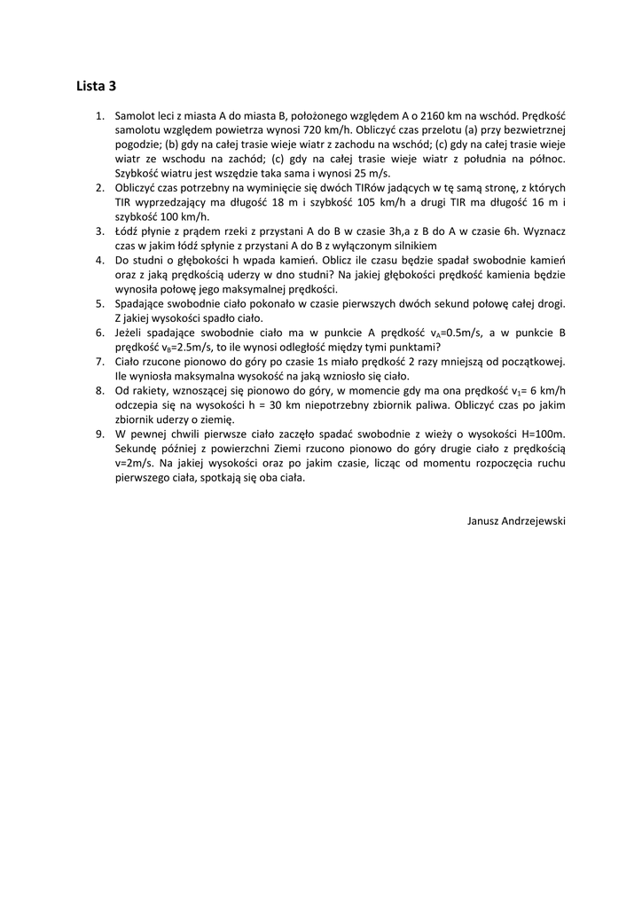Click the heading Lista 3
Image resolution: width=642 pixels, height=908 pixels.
[x=96, y=86]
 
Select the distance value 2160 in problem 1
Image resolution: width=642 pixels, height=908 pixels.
[x=428, y=115]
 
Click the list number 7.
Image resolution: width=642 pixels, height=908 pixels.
[x=99, y=361]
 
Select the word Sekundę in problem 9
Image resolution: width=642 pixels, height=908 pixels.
[x=137, y=448]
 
